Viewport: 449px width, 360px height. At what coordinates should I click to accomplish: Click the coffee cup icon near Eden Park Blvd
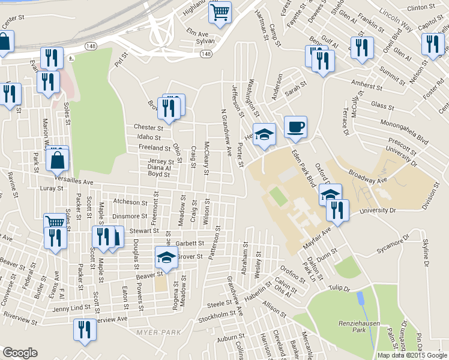295,127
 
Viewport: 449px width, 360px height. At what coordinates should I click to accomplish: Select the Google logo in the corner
20,353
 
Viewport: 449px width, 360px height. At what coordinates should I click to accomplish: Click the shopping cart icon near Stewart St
55,221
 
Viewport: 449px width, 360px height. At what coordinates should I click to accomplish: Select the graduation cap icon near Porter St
264,134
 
